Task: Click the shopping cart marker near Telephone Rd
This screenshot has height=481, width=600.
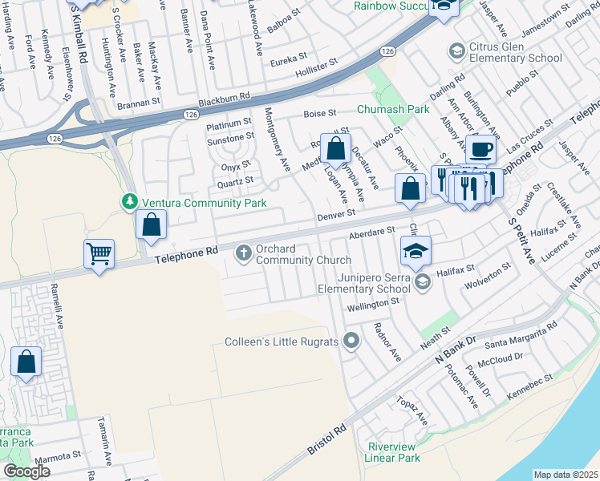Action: [x=99, y=254]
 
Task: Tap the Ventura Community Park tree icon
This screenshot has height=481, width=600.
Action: [x=129, y=203]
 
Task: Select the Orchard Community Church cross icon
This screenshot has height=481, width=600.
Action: [x=243, y=255]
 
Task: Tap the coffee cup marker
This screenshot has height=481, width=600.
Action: [x=480, y=149]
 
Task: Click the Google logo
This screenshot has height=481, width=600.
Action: [x=26, y=471]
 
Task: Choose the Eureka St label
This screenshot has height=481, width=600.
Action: [x=288, y=60]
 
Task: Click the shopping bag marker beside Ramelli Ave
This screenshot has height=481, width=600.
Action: [x=26, y=362]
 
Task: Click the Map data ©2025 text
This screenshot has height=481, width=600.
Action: [x=566, y=475]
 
